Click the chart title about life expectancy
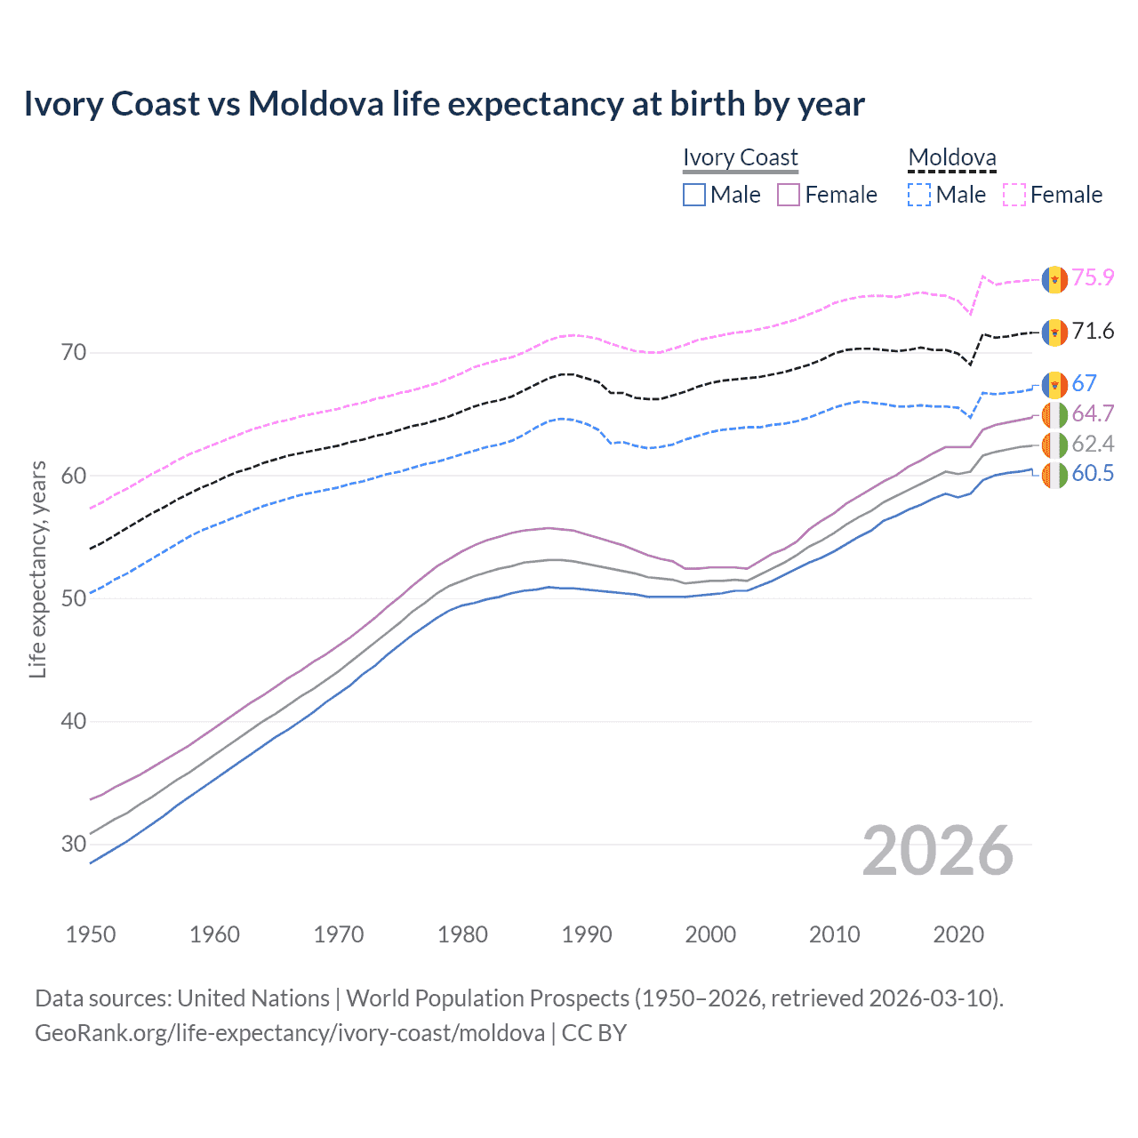pos(444,104)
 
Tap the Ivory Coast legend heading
pos(740,157)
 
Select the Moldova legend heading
pos(951,157)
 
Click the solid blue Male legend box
pos(694,195)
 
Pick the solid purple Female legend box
pos(789,195)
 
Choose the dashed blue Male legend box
pos(919,195)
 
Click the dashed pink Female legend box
pos(1014,195)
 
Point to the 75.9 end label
pos(1093,278)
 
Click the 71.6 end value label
pos(1093,332)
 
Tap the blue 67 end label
pos(1084,383)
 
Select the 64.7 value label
pos(1093,413)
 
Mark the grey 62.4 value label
pos(1093,444)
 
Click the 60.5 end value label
pos(1093,473)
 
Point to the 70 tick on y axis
pos(74,353)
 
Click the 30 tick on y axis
pos(74,844)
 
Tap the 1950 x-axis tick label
pos(91,934)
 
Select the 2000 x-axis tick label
pos(710,934)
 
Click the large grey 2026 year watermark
pos(938,851)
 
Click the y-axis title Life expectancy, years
pos(37,569)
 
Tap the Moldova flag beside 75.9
pos(1054,279)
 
